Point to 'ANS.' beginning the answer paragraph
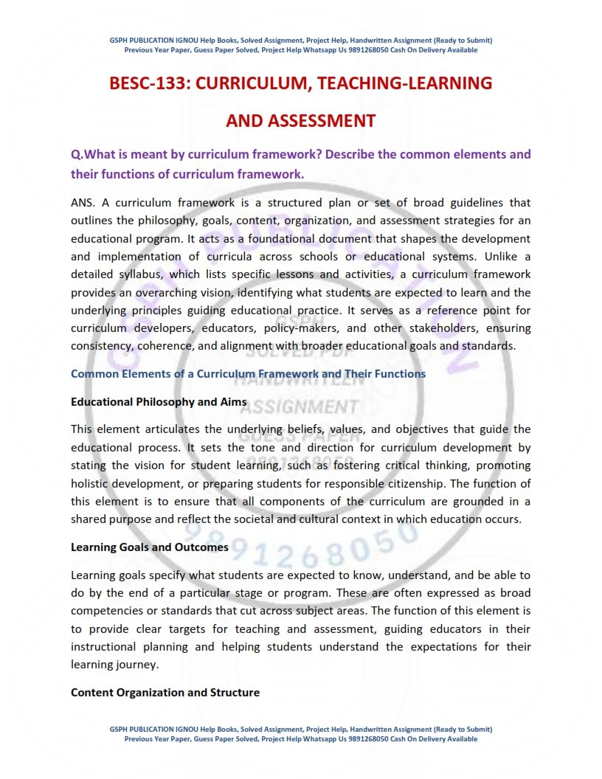click(x=84, y=202)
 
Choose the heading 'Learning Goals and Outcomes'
click(x=150, y=547)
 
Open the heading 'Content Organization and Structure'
click(x=165, y=693)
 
